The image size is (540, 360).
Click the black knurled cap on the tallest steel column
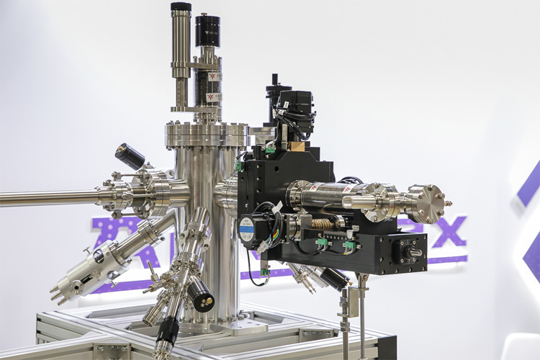[x=181, y=7]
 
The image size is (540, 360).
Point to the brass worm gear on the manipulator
[x=321, y=224]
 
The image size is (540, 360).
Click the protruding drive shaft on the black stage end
[x=417, y=253]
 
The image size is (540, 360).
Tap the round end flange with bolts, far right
[x=429, y=203]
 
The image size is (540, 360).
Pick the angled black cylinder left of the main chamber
[x=130, y=156]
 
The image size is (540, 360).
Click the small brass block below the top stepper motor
[x=297, y=146]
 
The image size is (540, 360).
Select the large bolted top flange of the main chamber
[x=207, y=135]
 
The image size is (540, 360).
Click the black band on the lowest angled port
[x=166, y=330]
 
